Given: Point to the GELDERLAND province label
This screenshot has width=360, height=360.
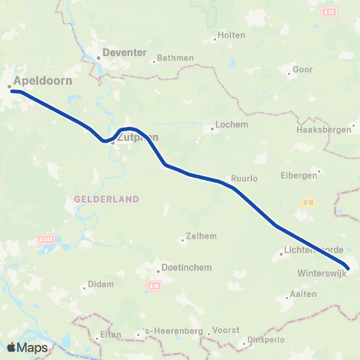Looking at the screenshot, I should pyautogui.click(x=107, y=199).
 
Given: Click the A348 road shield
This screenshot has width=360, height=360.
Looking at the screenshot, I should pyautogui.click(x=44, y=239).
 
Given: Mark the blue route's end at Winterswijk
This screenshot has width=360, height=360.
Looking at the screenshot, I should pyautogui.click(x=348, y=266).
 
